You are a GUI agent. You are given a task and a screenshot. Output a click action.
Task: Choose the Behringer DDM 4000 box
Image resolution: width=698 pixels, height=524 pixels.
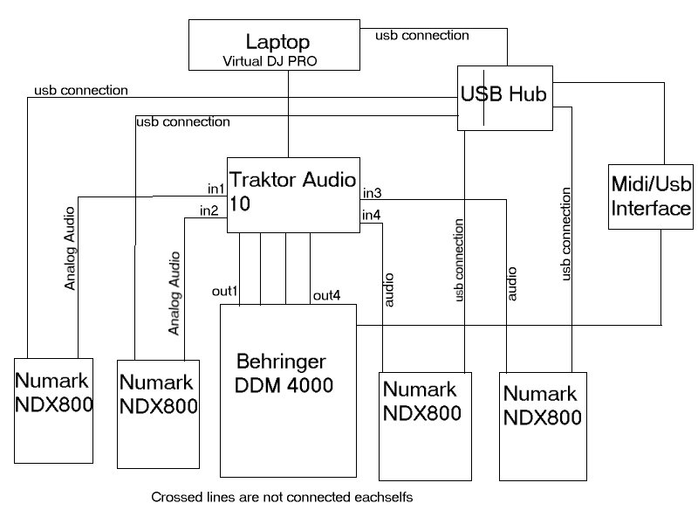tap(288, 390)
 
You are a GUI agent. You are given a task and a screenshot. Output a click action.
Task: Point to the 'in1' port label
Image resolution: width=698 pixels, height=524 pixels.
tap(216, 188)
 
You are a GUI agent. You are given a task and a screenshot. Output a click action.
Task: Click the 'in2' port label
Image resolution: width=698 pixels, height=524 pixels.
tap(209, 210)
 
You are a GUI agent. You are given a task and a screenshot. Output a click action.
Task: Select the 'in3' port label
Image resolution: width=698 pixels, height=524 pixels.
tap(373, 192)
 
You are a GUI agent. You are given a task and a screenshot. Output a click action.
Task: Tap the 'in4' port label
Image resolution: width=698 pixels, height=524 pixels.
tap(373, 215)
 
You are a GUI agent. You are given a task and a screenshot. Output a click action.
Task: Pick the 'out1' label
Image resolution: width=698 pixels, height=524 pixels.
tap(226, 290)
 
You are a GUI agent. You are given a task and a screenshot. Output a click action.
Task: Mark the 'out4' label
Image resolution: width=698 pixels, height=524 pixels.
tap(326, 297)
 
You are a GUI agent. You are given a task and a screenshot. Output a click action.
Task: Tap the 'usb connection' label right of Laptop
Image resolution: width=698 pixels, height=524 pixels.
tap(421, 36)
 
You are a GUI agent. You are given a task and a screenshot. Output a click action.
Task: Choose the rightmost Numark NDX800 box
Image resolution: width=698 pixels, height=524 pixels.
tap(542, 425)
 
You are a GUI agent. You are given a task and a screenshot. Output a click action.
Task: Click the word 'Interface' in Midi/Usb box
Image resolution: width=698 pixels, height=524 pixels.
tap(651, 210)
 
